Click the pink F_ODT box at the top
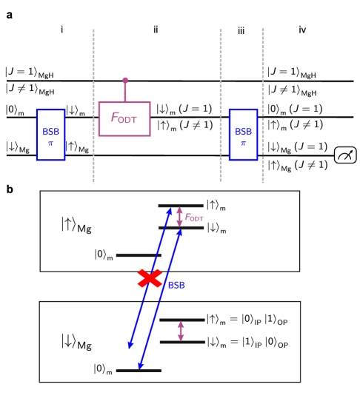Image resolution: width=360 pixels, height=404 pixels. tap(124, 118)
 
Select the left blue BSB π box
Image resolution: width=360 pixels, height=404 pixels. tap(50, 135)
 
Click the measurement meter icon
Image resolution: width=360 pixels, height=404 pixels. tap(345, 155)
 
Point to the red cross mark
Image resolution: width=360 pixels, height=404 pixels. tap(150, 278)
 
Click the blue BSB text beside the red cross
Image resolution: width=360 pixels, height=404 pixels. tap(176, 284)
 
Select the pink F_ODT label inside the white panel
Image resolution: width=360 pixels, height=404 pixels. tap(194, 218)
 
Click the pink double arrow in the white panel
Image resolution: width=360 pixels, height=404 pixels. tap(179, 216)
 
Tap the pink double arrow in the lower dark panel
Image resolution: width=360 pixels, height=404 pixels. tap(180, 331)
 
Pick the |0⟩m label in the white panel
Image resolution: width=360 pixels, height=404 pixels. tap(104, 255)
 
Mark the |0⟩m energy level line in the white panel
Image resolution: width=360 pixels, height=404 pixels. tap(139, 255)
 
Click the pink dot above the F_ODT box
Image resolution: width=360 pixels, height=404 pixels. tap(125, 80)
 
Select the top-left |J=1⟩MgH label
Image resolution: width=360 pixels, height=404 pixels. tap(30, 73)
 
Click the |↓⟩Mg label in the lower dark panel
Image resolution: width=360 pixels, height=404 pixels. tap(76, 342)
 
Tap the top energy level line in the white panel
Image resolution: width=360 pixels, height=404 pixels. tap(181, 205)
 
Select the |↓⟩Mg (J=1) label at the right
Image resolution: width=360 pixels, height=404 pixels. tap(297, 147)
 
